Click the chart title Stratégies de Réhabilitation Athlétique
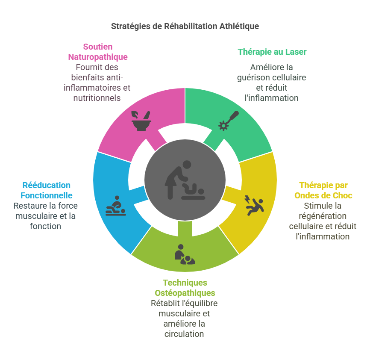185,26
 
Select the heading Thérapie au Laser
272,52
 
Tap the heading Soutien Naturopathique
98,52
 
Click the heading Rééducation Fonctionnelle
47,190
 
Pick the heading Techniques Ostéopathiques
185,288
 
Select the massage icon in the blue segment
115,206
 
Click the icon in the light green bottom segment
185,254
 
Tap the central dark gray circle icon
185,180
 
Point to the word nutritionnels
97,98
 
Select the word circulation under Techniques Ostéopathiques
184,333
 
